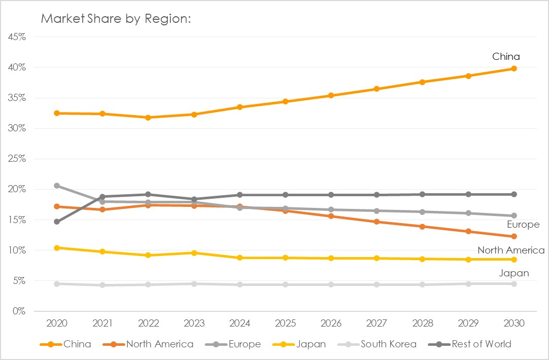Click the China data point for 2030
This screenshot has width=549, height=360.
coord(514,68)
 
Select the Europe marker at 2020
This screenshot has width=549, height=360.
coord(57,186)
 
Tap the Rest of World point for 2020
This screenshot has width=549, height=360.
coord(57,222)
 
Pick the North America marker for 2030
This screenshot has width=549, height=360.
coord(514,236)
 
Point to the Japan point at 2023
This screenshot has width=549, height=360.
coord(194,253)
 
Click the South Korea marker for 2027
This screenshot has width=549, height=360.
coord(377,284)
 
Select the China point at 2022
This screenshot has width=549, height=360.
coord(148,117)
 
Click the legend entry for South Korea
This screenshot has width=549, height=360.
coord(388,344)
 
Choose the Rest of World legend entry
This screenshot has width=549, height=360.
coord(481,344)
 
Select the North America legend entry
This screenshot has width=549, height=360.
coord(160,344)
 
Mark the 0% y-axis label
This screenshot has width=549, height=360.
coord(19,311)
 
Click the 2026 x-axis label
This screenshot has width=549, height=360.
coord(331,323)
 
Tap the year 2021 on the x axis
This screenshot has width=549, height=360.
coord(102,323)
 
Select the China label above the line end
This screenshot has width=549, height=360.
coord(506,56)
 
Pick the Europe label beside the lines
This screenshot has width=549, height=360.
coord(523,225)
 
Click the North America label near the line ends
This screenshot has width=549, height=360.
coord(510,250)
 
